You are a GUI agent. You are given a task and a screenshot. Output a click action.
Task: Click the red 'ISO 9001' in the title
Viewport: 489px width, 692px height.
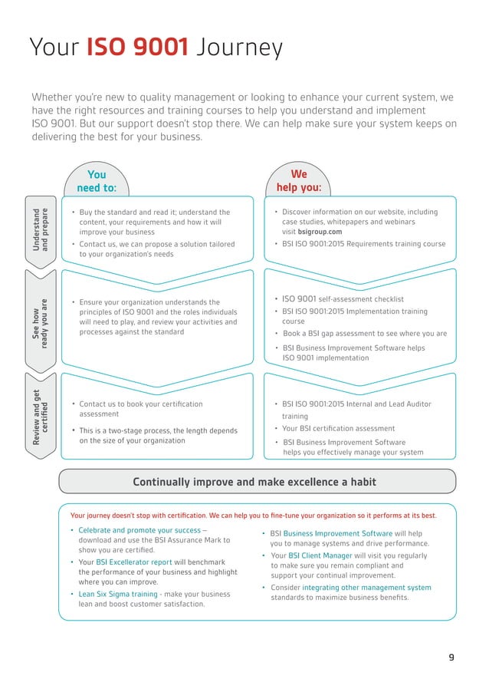pos(137,48)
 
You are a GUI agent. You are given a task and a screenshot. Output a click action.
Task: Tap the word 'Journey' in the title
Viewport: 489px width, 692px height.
pos(238,49)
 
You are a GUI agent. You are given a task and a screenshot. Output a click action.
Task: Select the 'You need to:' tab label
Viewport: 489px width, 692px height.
pos(97,181)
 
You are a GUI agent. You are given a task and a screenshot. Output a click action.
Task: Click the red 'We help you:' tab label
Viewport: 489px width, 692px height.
pos(298,181)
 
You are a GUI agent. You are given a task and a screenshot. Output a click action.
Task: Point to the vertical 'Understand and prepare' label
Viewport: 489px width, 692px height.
pos(40,228)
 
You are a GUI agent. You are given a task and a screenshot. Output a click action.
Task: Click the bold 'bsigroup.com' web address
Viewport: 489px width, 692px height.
pos(321,232)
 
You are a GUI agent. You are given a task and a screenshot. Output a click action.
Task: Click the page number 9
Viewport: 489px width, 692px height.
pos(451,657)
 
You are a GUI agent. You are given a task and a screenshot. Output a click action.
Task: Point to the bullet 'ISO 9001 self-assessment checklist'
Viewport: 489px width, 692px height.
pos(343,299)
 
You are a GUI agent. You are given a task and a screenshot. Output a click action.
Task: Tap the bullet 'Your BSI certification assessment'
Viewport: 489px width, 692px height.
pos(338,428)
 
